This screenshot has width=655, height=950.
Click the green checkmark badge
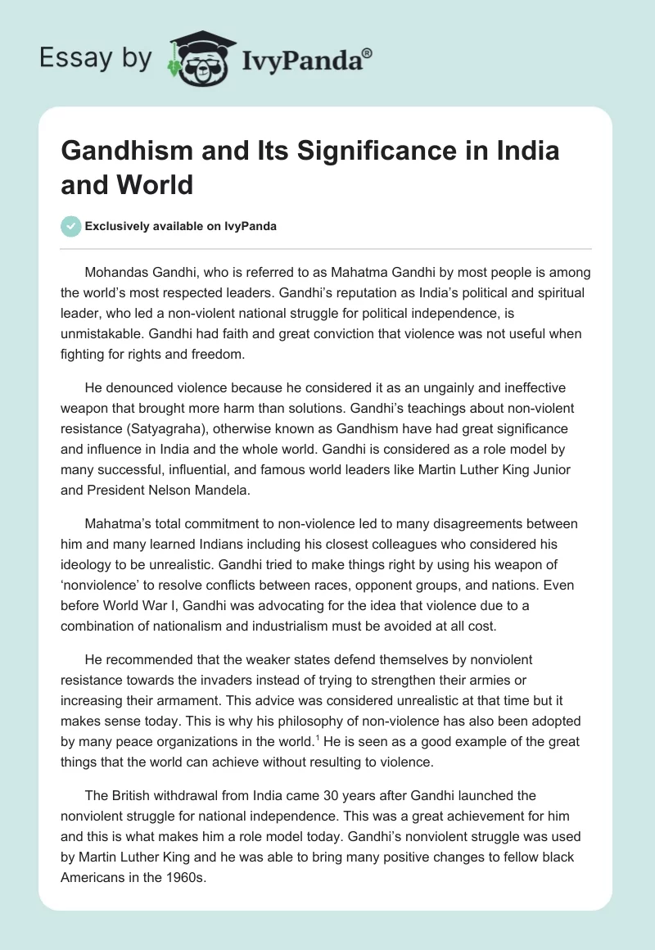pos(71,226)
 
